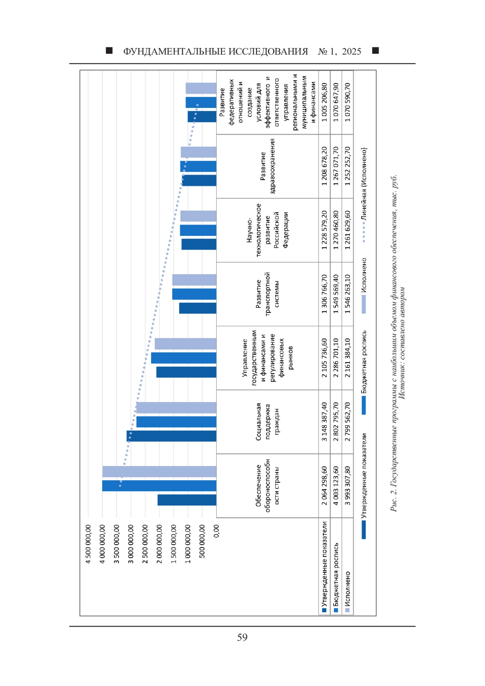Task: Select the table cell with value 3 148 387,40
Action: click(324, 422)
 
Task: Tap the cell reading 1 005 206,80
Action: click(324, 102)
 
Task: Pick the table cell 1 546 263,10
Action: click(348, 294)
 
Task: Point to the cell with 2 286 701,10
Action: click(336, 358)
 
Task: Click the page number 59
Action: click(242, 637)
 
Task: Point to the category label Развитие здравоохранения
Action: click(268, 166)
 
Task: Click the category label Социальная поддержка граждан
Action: click(268, 422)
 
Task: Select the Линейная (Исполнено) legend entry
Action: click(364, 195)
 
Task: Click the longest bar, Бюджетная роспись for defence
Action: click(159, 486)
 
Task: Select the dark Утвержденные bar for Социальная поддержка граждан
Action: click(171, 436)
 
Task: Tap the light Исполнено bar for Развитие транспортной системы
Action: click(194, 280)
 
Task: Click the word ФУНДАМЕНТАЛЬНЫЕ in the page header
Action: click(174, 51)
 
